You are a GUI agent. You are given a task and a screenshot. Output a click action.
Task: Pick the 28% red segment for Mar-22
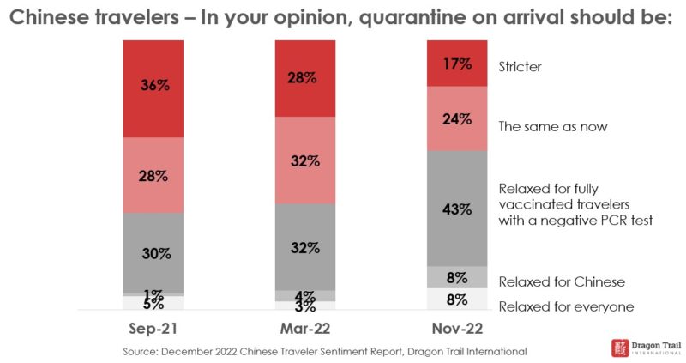304,77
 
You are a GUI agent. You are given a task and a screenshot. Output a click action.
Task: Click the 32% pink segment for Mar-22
304,160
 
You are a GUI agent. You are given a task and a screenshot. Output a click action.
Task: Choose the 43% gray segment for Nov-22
458,208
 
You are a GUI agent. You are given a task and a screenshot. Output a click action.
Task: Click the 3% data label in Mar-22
304,306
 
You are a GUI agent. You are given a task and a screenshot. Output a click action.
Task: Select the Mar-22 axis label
304,330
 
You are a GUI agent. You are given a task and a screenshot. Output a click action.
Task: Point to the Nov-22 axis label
458,330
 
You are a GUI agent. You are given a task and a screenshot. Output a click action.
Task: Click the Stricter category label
521,66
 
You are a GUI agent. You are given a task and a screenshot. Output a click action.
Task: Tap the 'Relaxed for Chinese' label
562,281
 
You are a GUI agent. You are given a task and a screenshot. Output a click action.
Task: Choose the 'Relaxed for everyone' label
566,306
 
